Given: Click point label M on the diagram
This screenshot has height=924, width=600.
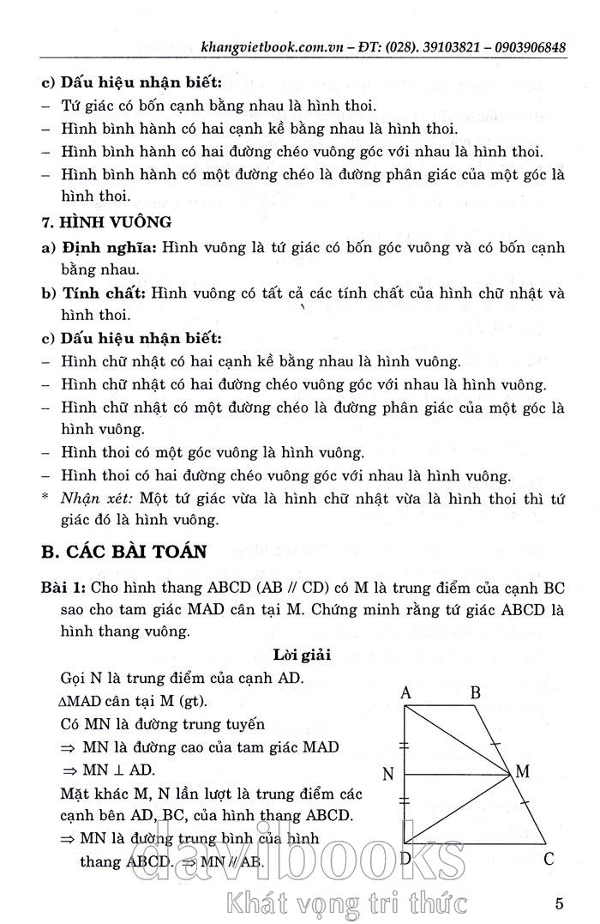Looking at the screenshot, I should coord(522,772).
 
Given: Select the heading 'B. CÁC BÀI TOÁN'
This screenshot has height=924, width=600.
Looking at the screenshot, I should coord(124,551).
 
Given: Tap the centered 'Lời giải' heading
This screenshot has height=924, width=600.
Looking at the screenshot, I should coord(303,655).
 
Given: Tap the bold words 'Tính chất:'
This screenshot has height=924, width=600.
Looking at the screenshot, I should coord(103,293).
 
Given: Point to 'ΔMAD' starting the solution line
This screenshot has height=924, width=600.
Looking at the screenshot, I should coord(83,701).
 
